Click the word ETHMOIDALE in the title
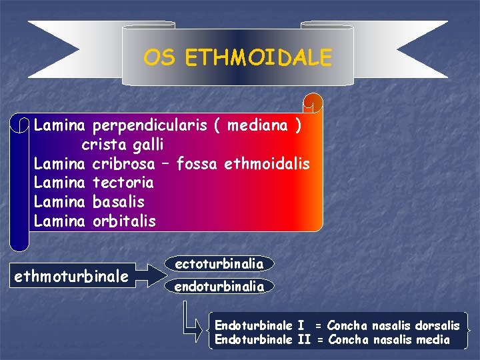(258, 58)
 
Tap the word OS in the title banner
(159, 58)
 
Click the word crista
(103, 144)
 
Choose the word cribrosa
(124, 163)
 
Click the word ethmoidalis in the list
(268, 163)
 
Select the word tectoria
(123, 183)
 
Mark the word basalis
(119, 201)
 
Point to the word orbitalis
(124, 221)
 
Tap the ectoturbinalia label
(219, 264)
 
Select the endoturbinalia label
(219, 287)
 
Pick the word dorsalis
(437, 326)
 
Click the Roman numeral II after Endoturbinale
(304, 340)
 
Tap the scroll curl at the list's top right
(313, 103)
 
